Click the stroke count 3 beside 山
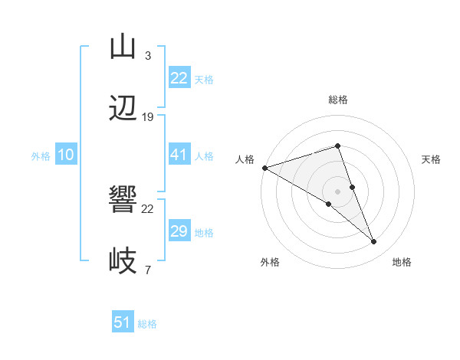point(147,56)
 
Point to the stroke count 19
point(148,117)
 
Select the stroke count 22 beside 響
point(148,208)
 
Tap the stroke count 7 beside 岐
point(147,270)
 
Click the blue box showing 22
point(179,78)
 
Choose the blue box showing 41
point(179,155)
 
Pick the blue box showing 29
point(179,231)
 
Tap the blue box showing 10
point(65,155)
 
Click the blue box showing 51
point(123,322)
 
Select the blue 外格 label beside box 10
point(41,155)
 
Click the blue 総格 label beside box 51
point(147,324)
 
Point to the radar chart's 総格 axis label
point(337,100)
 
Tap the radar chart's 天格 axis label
point(431,159)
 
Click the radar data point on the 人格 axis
point(264,168)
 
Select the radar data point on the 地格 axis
point(374,241)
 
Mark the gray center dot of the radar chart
point(337,191)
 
